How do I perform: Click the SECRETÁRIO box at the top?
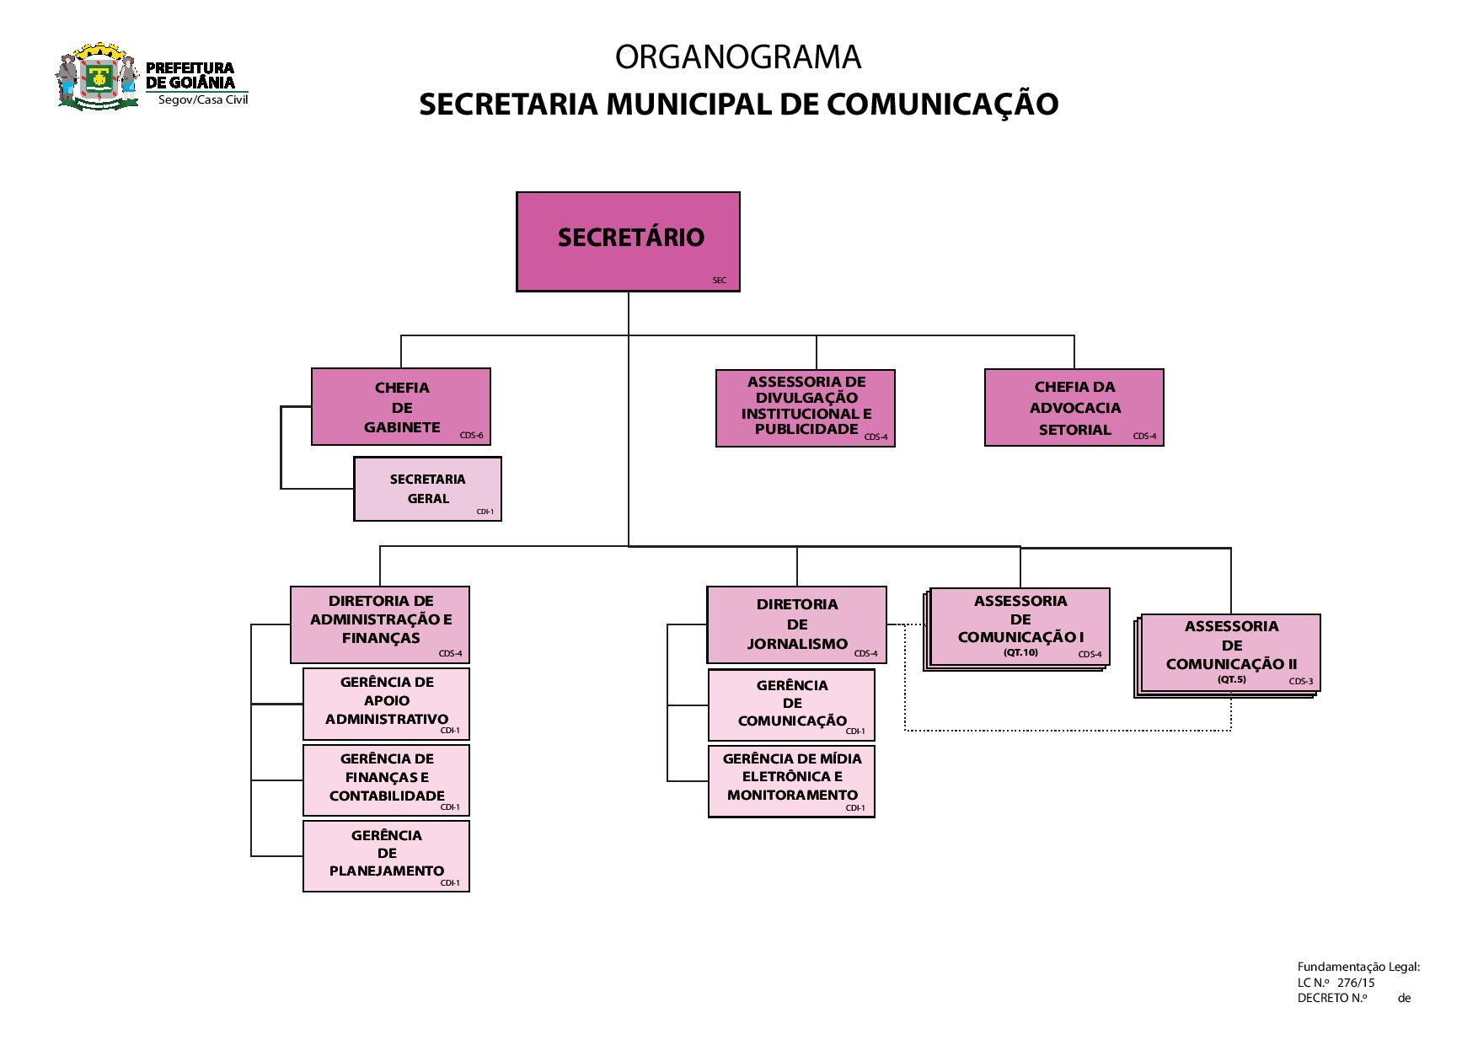coord(628,241)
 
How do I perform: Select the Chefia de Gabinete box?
coord(401,406)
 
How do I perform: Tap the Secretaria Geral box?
coord(427,489)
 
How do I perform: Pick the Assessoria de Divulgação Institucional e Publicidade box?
coord(805,408)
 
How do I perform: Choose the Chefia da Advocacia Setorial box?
coord(1074,407)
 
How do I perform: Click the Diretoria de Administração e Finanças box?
coord(380,624)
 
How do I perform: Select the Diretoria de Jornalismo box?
coord(796,624)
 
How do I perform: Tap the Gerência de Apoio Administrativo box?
coord(386,703)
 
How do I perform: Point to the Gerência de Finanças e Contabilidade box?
coord(386,780)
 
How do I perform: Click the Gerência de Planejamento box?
coord(386,855)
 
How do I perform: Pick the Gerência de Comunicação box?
coord(791,705)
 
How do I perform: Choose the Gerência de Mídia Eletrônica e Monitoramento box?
coord(791,780)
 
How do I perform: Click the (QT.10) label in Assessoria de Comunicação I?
coord(1020,652)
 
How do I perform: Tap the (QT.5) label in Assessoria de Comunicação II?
coord(1231,679)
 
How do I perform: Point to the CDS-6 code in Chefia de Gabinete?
coord(472,436)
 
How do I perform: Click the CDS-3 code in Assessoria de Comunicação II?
coord(1300,682)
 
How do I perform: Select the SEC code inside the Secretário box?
coord(719,281)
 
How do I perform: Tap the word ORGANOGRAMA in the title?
coord(738,57)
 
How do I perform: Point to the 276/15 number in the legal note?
coord(1356,983)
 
